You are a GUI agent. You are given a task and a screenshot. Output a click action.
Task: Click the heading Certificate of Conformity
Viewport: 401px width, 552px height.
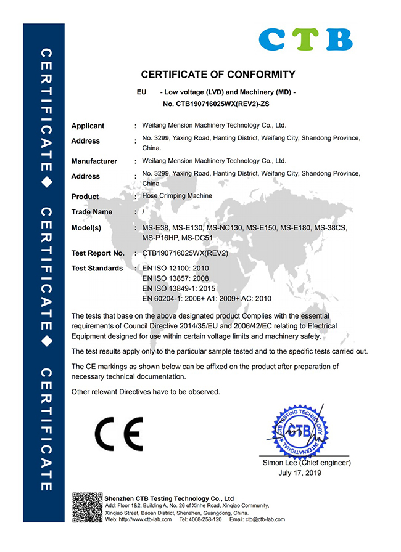pyautogui.click(x=218, y=75)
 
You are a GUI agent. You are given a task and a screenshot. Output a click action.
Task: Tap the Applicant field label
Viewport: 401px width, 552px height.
pyautogui.click(x=88, y=126)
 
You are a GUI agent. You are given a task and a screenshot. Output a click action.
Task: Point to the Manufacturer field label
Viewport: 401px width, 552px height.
pyautogui.click(x=94, y=161)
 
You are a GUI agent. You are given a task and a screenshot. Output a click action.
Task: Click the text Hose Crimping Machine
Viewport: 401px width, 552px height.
pyautogui.click(x=177, y=196)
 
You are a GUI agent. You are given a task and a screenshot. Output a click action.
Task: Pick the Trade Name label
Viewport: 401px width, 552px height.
pyautogui.click(x=92, y=212)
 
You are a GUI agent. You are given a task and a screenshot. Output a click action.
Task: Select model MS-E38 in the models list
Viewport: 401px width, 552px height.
pyautogui.click(x=155, y=228)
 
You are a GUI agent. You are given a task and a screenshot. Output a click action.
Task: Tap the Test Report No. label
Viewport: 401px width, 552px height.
pyautogui.click(x=97, y=253)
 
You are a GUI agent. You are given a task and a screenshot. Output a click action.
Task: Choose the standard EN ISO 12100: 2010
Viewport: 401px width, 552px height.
pyautogui.click(x=175, y=269)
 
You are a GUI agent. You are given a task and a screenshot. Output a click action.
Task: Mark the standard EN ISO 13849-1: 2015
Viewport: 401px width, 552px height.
pyautogui.click(x=179, y=288)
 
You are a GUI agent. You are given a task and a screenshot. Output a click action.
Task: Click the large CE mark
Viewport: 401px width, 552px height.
pyautogui.click(x=118, y=434)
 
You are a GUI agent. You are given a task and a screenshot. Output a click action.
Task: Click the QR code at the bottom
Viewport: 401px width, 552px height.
pyautogui.click(x=87, y=507)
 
